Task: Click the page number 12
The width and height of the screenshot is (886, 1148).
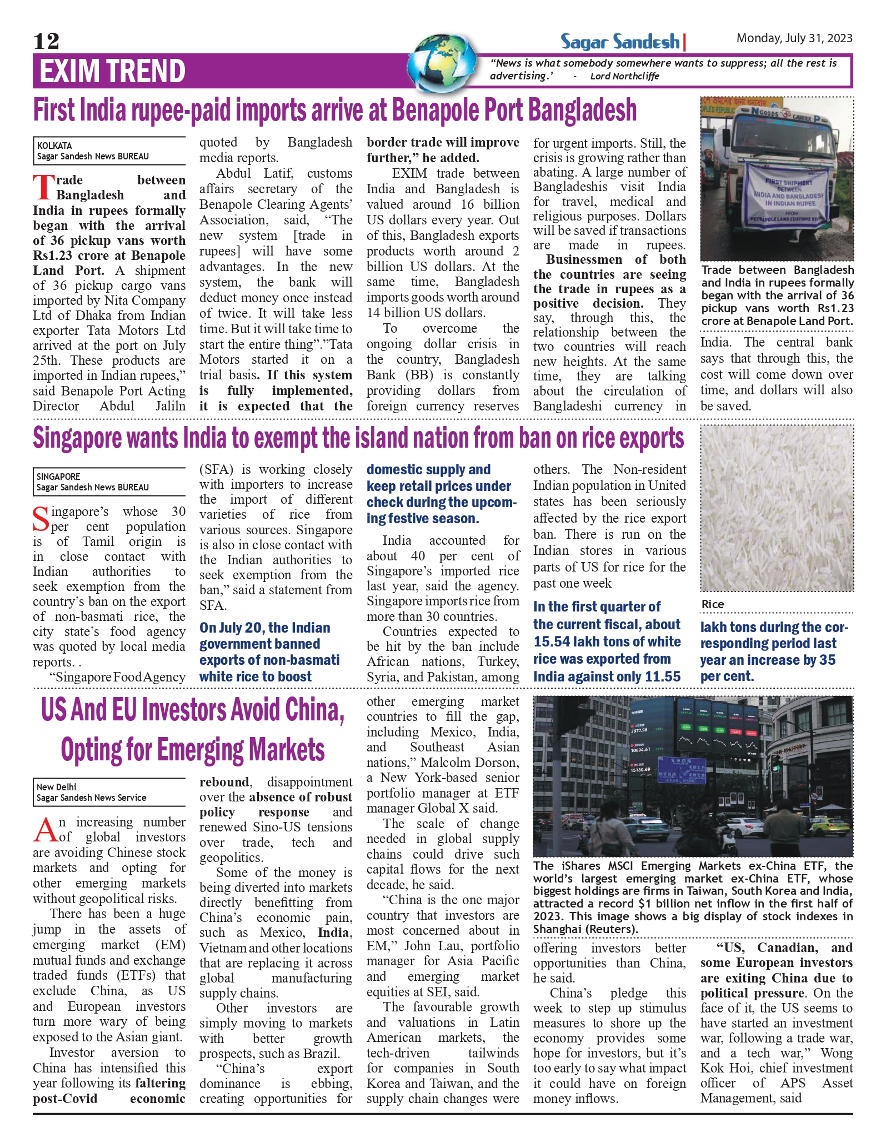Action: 46,41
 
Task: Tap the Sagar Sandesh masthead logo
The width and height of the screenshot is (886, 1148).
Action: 620,42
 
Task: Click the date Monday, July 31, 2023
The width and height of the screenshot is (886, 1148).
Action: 794,38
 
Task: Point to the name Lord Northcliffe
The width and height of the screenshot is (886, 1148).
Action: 624,76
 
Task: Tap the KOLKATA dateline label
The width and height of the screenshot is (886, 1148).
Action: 54,146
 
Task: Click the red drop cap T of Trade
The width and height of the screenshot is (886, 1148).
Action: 43,188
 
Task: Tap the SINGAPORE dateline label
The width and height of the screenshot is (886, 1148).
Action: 58,477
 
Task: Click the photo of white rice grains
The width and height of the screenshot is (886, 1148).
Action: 777,508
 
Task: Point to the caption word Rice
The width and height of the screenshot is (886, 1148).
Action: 713,604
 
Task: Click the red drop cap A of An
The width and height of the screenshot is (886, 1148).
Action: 44,830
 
